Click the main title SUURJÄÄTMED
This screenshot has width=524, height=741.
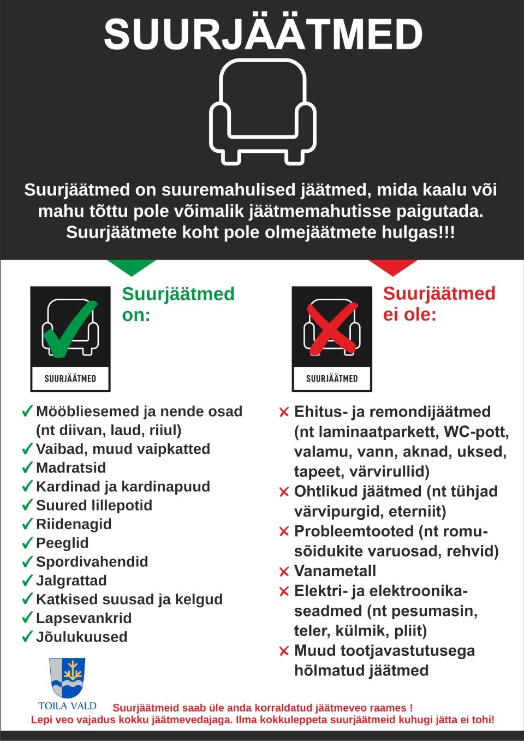tap(263, 34)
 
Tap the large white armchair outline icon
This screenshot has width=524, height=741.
tap(263, 112)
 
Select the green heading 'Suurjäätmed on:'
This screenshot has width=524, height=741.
tap(178, 304)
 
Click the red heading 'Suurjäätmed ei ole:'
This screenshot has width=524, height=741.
tap(439, 304)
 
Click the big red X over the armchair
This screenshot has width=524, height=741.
tap(331, 329)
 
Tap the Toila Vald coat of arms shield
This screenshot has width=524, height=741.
tap(67, 677)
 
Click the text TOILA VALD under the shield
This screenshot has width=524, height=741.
tap(67, 706)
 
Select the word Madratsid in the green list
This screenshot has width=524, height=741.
tap(71, 468)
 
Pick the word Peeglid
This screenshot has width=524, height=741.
tap(62, 543)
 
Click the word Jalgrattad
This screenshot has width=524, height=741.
tap(72, 581)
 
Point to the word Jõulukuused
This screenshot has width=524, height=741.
tap(82, 637)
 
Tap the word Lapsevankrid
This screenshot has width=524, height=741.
tap(84, 618)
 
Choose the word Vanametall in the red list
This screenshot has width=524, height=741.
tap(335, 571)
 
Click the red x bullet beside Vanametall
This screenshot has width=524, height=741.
tap(284, 572)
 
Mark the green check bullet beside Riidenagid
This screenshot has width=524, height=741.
tap(27, 525)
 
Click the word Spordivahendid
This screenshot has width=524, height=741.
tap(92, 562)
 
